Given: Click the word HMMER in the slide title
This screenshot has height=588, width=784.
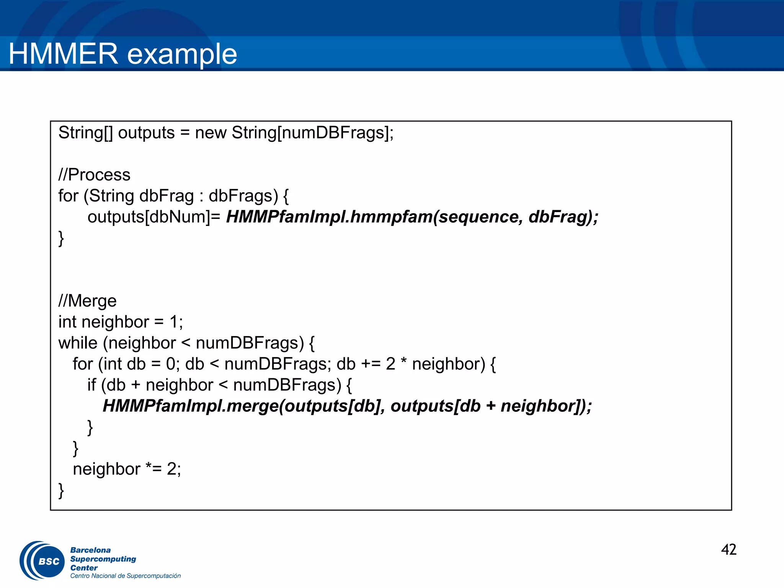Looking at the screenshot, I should click(63, 54).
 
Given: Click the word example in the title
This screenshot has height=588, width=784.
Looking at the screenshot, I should click(182, 54).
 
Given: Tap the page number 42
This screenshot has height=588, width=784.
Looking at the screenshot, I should click(728, 550).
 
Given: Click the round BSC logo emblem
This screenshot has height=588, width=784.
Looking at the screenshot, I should click(43, 561).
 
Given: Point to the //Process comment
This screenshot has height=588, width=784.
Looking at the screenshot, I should click(94, 175).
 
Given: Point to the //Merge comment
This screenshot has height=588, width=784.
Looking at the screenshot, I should click(87, 301).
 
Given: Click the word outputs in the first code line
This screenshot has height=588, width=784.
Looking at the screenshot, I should click(146, 133).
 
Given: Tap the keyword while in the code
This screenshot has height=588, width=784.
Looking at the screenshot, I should click(78, 343).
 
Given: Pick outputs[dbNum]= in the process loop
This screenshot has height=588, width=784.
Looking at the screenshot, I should click(154, 217).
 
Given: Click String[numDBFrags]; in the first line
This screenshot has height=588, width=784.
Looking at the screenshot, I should click(312, 133).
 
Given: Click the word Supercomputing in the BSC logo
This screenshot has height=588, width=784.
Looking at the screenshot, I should click(103, 559).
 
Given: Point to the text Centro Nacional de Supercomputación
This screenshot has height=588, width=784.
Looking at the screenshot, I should click(125, 576).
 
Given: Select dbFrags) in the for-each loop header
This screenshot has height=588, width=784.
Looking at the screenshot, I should click(243, 196).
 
